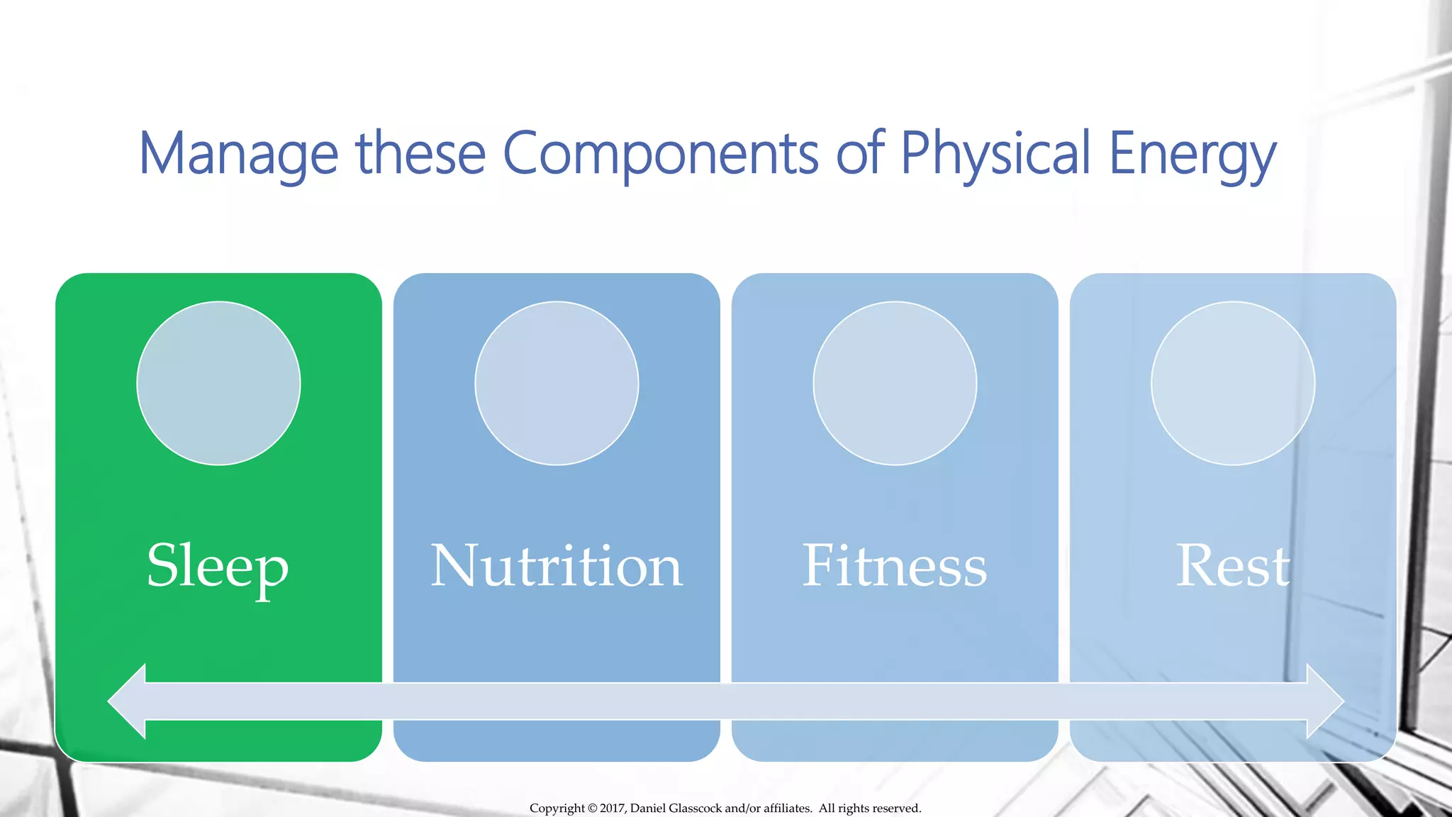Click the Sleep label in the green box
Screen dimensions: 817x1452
(x=218, y=566)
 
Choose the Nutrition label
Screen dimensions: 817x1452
(x=557, y=566)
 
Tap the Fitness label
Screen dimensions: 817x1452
(x=894, y=566)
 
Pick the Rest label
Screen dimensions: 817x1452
(x=1233, y=566)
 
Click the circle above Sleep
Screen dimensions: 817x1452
(x=218, y=384)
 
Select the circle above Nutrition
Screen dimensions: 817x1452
(x=557, y=384)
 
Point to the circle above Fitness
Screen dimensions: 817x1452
(x=895, y=384)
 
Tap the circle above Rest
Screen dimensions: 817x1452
(x=1233, y=384)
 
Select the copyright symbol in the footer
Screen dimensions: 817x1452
(x=593, y=808)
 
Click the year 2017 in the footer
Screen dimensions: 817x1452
(x=613, y=808)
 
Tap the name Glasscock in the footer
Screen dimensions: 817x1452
(x=695, y=808)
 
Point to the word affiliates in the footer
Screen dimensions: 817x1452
(x=787, y=808)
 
